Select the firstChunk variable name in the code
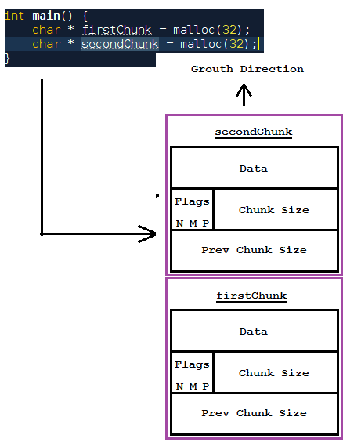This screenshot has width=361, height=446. point(117,30)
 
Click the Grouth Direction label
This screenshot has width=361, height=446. point(247,69)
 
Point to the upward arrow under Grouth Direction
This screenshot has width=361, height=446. point(244,94)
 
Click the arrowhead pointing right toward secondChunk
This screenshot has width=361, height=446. point(148,233)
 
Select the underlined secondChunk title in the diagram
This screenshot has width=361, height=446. point(253,132)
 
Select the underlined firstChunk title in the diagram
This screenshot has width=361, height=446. point(251,296)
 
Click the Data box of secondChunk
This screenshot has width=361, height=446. point(253,169)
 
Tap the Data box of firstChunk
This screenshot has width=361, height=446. point(253,332)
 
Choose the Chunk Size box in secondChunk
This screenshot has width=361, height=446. point(274,210)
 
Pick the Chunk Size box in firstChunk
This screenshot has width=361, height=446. point(274,373)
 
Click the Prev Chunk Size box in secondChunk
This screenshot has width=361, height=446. point(254,251)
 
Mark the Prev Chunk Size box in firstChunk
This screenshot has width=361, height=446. point(254,413)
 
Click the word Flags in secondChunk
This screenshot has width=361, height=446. point(192,201)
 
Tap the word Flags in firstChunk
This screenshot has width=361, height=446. point(192,364)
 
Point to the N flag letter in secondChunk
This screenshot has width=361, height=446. point(179,223)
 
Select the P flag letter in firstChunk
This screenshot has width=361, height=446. point(206,386)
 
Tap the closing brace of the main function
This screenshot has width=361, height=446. point(8,58)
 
